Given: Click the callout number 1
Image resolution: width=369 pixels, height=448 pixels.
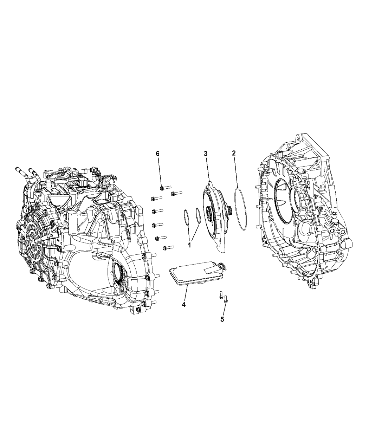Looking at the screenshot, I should pos(190,245).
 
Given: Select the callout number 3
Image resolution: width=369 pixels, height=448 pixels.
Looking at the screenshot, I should pos(206,154).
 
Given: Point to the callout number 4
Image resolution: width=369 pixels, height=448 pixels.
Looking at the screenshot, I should pos(183,305).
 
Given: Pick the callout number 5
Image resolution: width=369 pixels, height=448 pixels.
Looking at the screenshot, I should pos(222,319).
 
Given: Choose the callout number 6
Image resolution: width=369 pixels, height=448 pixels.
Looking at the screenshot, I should pos(157,154).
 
